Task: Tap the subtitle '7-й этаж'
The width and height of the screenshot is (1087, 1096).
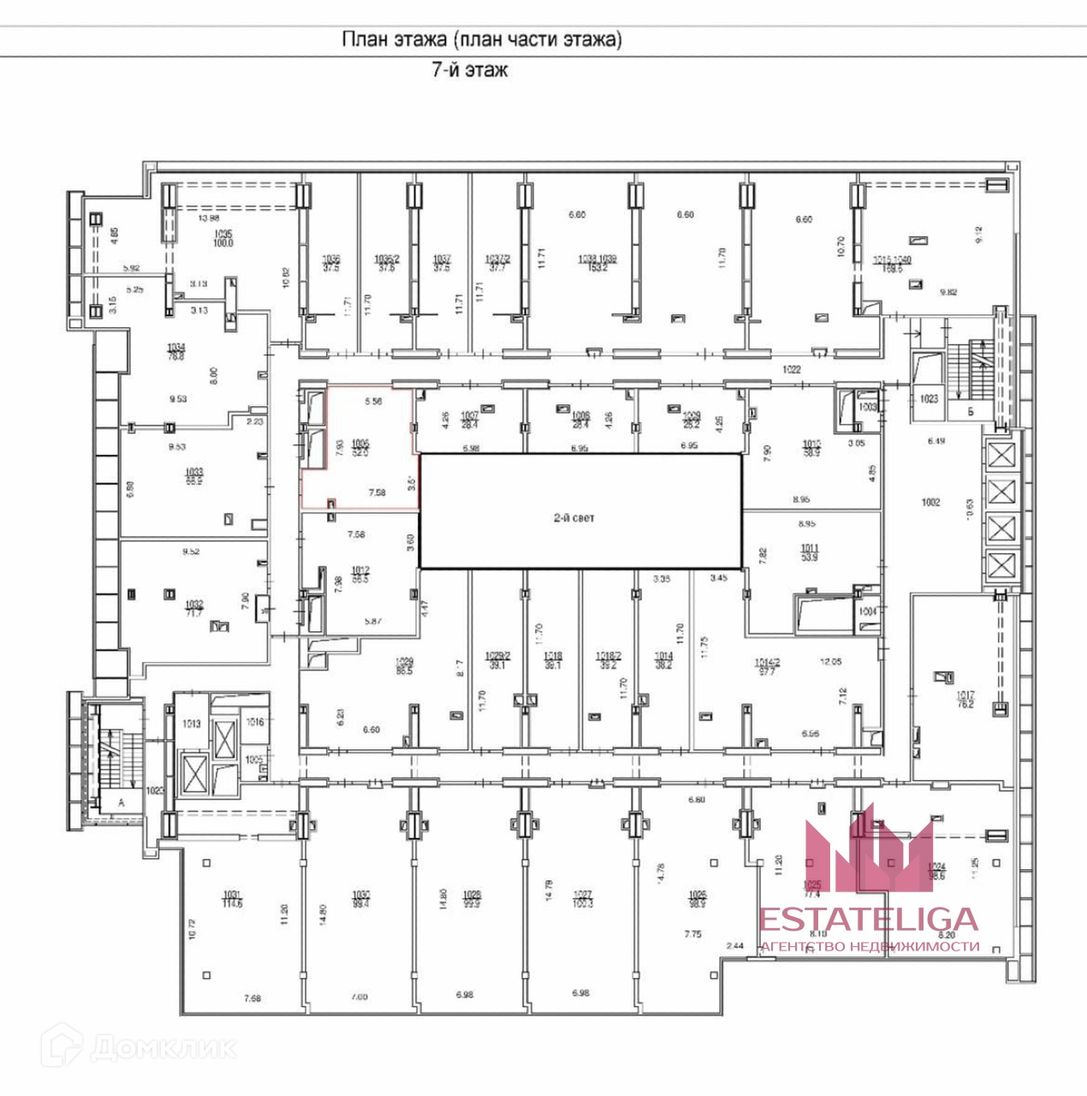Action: (x=469, y=70)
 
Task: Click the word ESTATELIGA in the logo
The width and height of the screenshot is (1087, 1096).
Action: (x=869, y=920)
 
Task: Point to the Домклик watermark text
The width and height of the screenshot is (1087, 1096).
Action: (x=163, y=1046)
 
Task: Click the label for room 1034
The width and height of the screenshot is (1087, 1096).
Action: (x=177, y=347)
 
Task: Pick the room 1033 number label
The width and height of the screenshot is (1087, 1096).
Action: (x=194, y=472)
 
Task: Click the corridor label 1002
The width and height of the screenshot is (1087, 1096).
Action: (x=930, y=502)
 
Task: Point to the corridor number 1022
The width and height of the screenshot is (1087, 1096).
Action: (x=792, y=369)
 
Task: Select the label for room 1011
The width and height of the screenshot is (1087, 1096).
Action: (x=809, y=548)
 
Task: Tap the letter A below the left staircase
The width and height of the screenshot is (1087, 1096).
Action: (x=121, y=802)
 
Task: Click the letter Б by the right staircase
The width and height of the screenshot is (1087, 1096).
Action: (x=971, y=410)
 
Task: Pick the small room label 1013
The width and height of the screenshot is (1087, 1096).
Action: (x=191, y=724)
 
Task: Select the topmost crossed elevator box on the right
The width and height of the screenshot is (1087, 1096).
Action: (x=1000, y=456)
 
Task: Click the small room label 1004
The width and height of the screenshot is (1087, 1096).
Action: (x=868, y=612)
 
